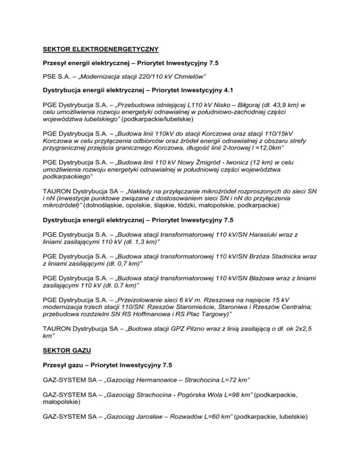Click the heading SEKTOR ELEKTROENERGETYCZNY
point(101,48)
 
